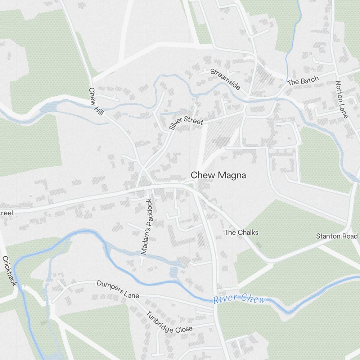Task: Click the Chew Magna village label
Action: [x=218, y=175]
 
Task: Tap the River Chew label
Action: [x=239, y=299]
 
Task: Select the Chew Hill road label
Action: [x=96, y=102]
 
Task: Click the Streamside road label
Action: [x=225, y=79]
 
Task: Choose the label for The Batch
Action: [x=303, y=81]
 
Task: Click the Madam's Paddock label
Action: [x=147, y=227]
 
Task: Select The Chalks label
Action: [x=241, y=232]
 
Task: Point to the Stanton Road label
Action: [x=337, y=236]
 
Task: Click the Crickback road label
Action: [x=9, y=271]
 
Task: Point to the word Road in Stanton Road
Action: [x=351, y=236]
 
